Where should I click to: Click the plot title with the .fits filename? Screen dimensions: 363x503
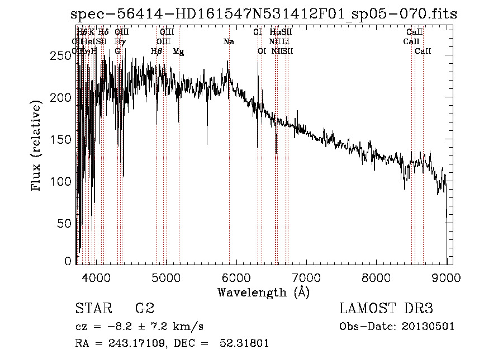264,15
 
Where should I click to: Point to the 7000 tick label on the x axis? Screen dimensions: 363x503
306,277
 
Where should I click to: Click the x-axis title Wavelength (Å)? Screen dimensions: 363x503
263,292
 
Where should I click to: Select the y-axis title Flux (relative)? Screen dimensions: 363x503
37,147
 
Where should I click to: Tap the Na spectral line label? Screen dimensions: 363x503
228,42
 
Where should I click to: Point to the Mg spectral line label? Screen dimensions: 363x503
178,51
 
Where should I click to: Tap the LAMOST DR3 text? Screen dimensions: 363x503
386,309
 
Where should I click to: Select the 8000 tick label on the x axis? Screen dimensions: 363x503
376,277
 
